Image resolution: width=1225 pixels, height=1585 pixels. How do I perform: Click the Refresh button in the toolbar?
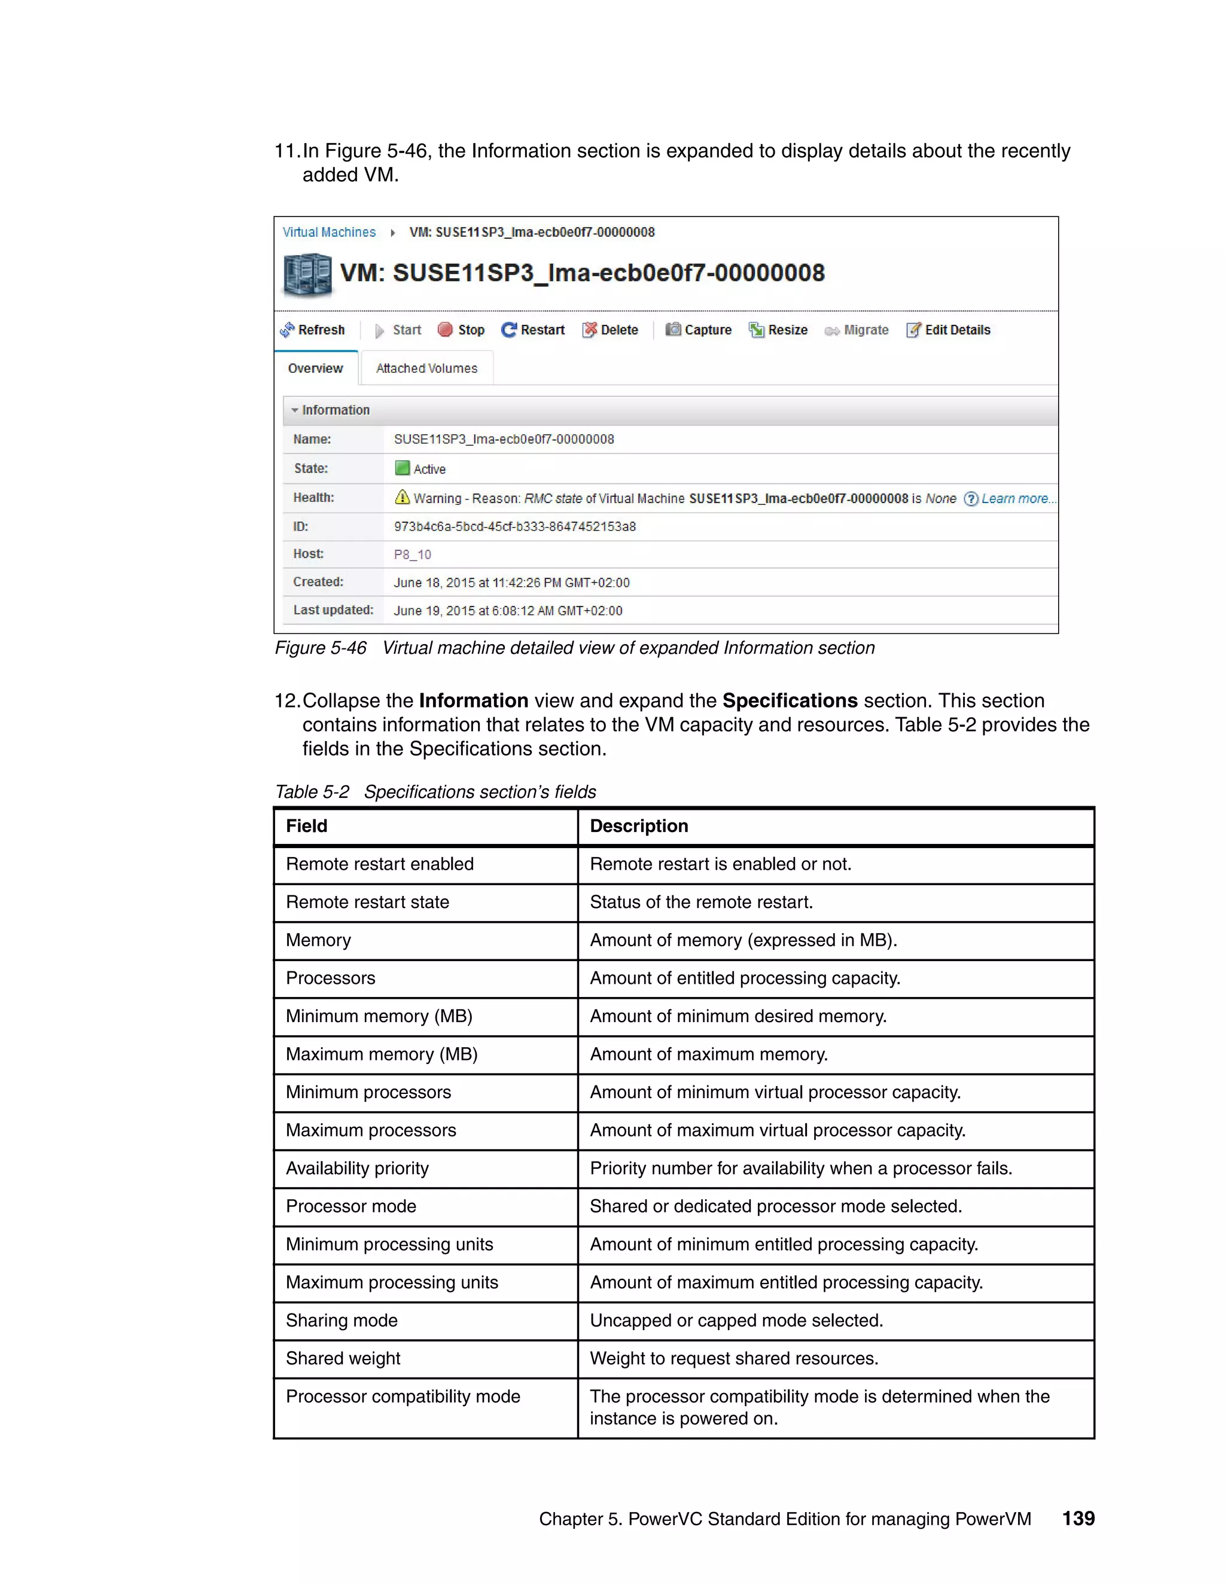coord(312,330)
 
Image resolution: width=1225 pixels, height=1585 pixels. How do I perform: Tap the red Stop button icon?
coord(445,330)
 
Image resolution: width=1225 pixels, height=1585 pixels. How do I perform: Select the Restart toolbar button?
coord(533,330)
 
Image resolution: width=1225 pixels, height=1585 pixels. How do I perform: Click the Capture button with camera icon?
coord(698,330)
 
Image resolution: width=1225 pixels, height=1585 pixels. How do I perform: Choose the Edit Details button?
coord(948,330)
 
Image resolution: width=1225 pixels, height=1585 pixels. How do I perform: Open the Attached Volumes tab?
coord(426,368)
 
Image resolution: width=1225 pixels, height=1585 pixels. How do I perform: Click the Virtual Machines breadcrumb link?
coord(329,232)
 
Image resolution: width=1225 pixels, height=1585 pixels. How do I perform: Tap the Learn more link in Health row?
coord(1014,499)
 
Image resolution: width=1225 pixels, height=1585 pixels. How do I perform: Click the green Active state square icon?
coord(402,468)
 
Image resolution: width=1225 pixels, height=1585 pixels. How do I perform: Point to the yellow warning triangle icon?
coord(402,497)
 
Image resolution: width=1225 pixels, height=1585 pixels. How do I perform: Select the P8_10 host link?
coord(412,554)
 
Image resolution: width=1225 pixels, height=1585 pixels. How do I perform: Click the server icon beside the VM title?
coord(307,275)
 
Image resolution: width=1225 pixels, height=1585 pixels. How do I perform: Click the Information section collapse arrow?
coord(295,410)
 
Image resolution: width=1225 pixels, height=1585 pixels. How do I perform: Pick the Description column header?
coord(639,826)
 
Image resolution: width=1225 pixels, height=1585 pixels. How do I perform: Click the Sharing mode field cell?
coord(342,1320)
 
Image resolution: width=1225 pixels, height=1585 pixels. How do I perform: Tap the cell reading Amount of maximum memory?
coord(708,1054)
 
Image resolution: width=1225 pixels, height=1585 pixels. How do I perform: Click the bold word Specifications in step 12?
coord(790,700)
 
